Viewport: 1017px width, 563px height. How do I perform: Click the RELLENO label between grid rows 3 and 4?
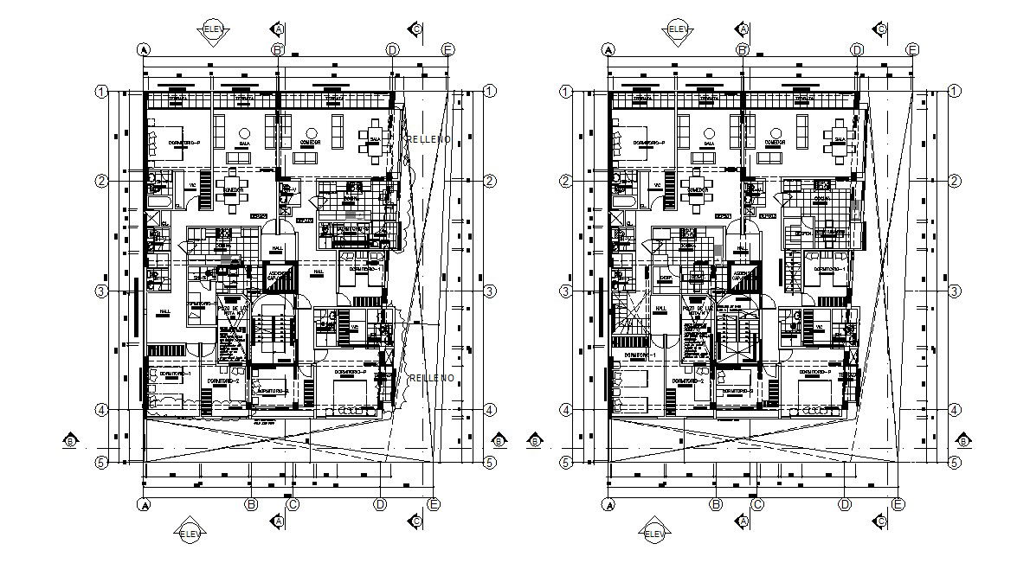pos(431,378)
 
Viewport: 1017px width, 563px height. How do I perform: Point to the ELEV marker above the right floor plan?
pos(679,29)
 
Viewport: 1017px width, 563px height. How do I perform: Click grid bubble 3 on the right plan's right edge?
pos(954,291)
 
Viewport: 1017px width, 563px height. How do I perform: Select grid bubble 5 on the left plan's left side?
pos(101,462)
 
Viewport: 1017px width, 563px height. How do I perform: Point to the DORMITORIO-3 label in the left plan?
pos(276,391)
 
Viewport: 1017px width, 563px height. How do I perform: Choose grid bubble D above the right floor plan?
pos(856,50)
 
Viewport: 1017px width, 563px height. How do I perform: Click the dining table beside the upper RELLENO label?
pos(377,139)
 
